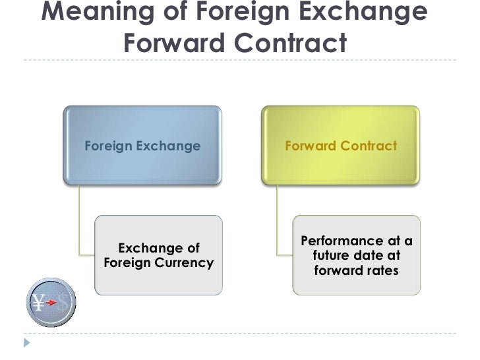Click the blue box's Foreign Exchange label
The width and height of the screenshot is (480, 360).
click(142, 145)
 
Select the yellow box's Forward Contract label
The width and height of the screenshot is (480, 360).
click(340, 145)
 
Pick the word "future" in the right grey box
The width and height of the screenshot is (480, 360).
click(330, 255)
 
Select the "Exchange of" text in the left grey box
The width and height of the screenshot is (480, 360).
click(158, 249)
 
